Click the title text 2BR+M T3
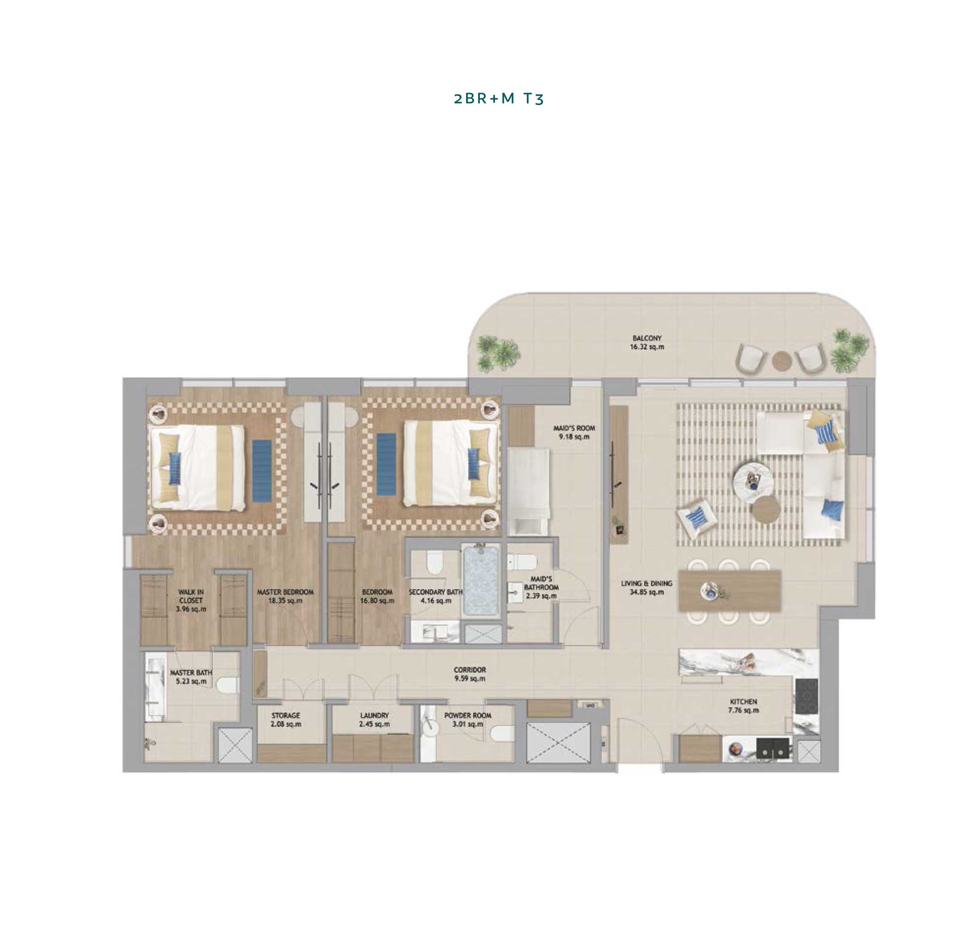(x=498, y=98)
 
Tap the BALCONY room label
(x=647, y=338)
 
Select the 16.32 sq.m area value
(x=647, y=347)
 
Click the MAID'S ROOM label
(x=574, y=428)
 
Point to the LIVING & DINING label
(x=646, y=583)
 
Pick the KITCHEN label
(x=743, y=701)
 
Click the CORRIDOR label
(x=470, y=669)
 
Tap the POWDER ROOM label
(x=468, y=715)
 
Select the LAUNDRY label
(x=374, y=715)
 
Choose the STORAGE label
(x=286, y=715)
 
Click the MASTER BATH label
(x=191, y=672)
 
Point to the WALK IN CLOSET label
(x=191, y=596)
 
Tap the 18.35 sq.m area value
(x=285, y=601)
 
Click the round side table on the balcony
(x=782, y=360)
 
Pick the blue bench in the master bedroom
(x=262, y=469)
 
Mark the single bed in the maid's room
(x=528, y=491)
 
